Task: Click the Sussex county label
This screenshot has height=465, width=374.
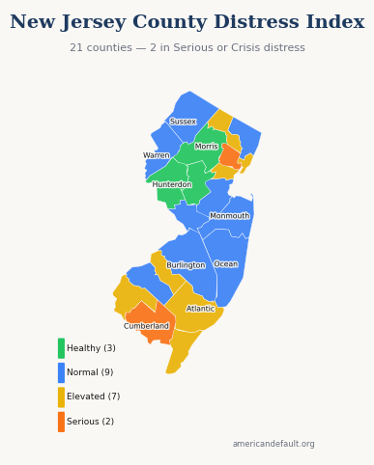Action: [183, 122]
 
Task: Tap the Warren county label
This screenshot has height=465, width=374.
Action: [157, 155]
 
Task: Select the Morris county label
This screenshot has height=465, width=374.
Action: [207, 147]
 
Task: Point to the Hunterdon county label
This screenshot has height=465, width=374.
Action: [172, 184]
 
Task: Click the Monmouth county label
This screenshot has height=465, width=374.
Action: [230, 216]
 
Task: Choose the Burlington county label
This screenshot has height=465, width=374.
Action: [186, 265]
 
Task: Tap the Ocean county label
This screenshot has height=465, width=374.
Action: [226, 264]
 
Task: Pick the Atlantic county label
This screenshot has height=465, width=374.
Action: [201, 309]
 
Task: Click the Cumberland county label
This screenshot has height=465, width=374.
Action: [146, 326]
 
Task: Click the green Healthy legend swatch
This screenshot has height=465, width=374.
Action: [61, 348]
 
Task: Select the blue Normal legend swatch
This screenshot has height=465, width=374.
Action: [61, 372]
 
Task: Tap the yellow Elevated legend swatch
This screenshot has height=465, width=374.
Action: [61, 397]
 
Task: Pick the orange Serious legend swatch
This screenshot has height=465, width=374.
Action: [61, 422]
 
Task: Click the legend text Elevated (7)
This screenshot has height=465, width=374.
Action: [94, 397]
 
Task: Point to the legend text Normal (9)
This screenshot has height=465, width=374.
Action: [90, 372]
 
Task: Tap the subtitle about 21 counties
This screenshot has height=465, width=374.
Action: [187, 48]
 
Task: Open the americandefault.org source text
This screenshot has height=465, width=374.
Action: [273, 445]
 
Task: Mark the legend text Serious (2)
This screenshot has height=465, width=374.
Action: [90, 422]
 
